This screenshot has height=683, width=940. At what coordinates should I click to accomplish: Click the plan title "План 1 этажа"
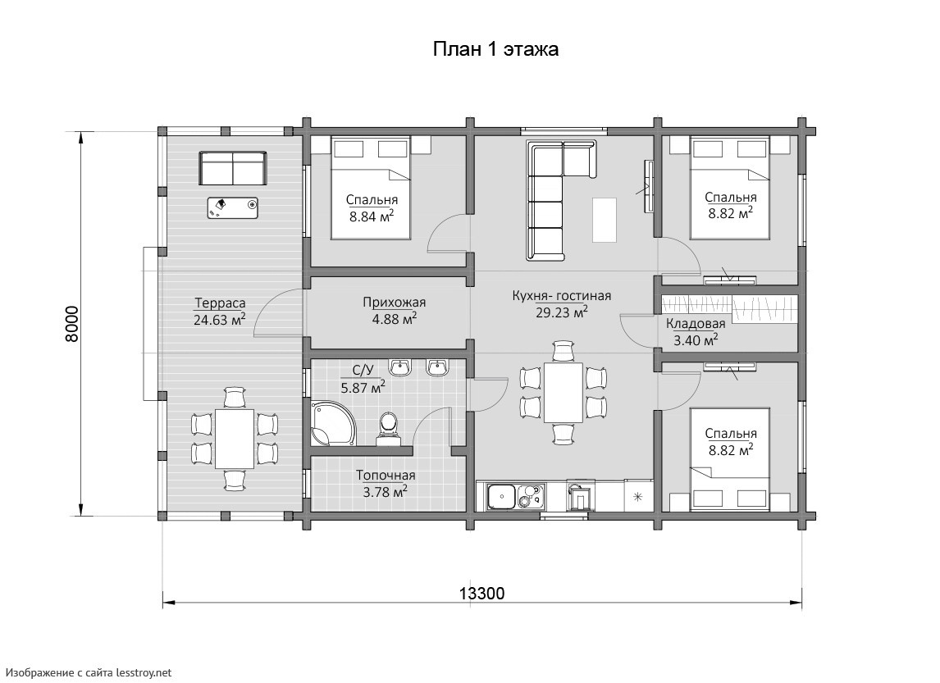point(495,49)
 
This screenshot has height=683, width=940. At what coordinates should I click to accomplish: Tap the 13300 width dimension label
point(482,594)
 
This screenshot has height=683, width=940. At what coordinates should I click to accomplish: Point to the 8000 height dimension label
point(71,324)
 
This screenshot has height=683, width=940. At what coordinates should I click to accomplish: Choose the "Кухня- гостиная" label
point(562,296)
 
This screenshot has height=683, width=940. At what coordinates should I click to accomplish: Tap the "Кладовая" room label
point(696,324)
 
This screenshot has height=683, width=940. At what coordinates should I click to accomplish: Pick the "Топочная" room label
point(386,476)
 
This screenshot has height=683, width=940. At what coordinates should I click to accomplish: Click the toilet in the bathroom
point(389,429)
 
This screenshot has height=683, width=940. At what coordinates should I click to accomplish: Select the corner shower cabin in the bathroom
point(331,423)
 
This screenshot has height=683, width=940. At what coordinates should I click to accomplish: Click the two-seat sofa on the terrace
point(233,168)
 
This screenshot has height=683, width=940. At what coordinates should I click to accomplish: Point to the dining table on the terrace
point(235,439)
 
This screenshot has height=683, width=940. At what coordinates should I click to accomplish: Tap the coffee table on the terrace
point(233,208)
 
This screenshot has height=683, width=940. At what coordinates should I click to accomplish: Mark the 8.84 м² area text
point(372,216)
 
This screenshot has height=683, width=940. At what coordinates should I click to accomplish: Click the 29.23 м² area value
point(562,312)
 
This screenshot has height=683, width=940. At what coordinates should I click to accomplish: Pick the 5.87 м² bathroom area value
point(363,388)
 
